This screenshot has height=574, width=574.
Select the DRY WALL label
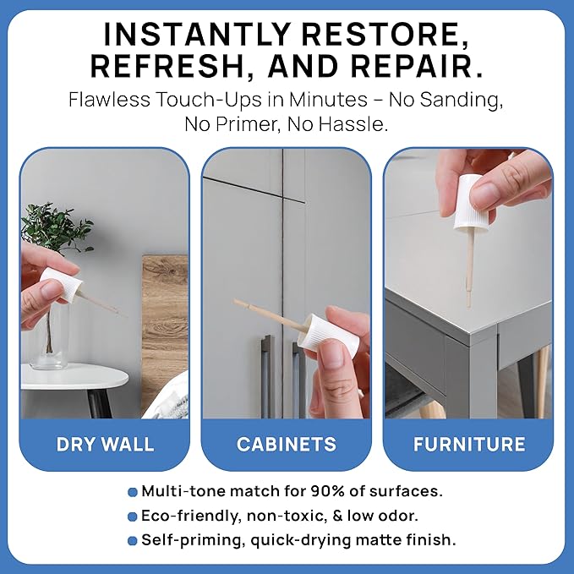[x=105, y=444]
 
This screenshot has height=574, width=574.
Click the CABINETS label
[x=286, y=444]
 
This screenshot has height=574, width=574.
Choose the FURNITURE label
[x=469, y=444]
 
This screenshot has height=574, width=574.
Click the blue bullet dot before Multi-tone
[x=132, y=492]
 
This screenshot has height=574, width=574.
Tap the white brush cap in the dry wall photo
[x=59, y=285]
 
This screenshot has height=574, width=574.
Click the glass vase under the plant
[x=49, y=347]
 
